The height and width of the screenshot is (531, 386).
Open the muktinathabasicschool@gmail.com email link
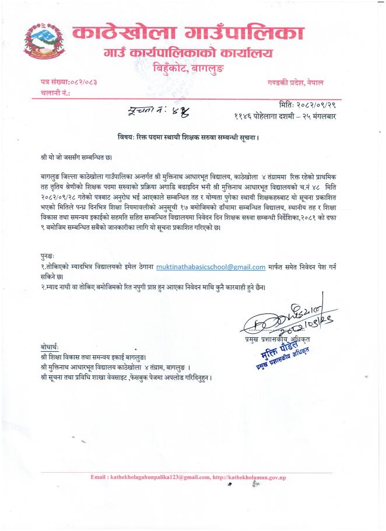click(210, 267)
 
